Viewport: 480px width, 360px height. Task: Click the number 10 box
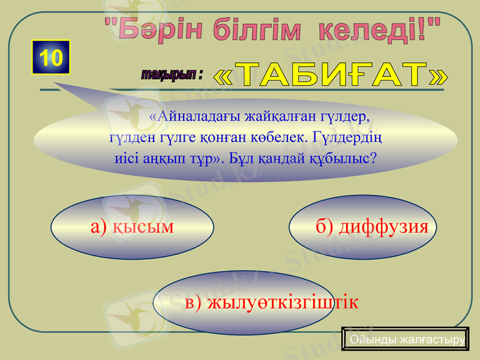[52, 58]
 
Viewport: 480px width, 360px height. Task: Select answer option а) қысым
[132, 226]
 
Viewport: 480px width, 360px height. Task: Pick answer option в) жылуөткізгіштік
[271, 302]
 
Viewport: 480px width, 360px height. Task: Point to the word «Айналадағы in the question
[184, 115]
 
